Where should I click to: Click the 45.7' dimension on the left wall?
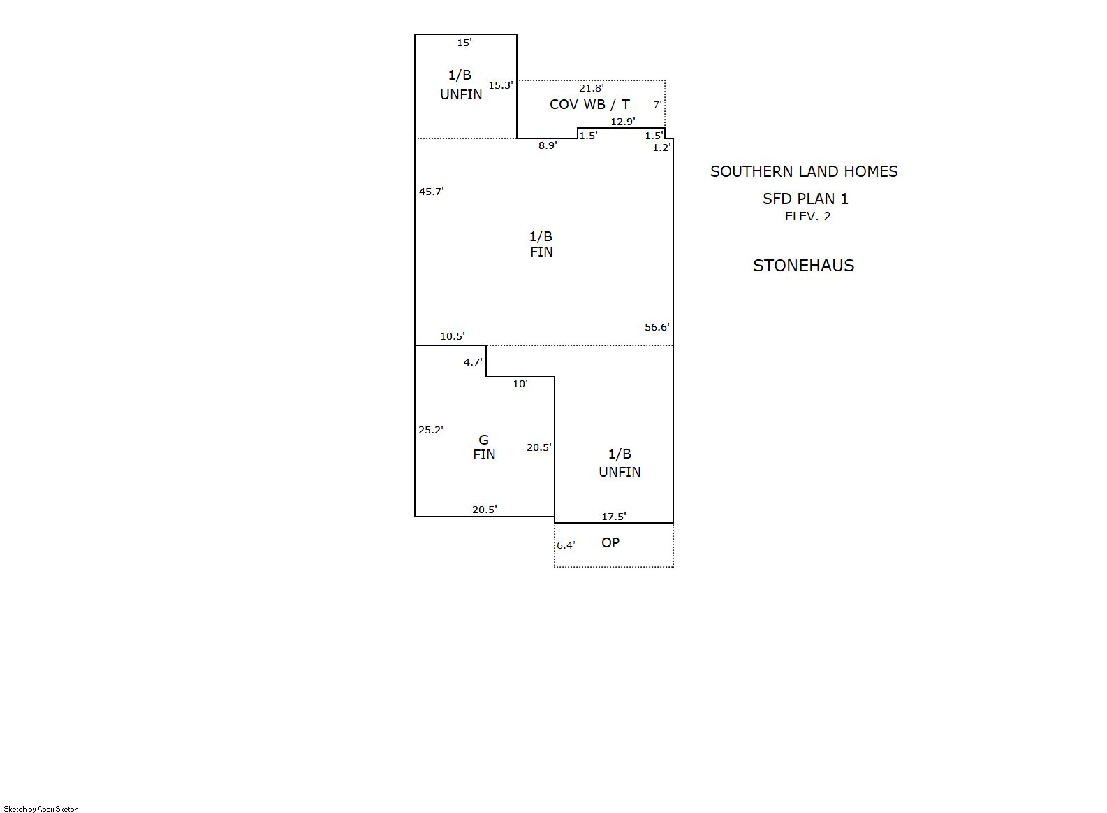432,192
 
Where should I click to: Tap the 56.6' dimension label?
657,327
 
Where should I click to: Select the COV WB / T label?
589,104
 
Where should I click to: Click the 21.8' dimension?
592,88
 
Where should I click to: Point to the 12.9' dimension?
623,121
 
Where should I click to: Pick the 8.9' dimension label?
548,145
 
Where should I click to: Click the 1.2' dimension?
661,148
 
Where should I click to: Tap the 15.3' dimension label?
501,85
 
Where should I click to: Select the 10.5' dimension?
453,336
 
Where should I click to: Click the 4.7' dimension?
473,362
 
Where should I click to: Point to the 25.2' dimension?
431,430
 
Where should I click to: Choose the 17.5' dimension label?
614,517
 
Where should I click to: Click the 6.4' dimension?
566,545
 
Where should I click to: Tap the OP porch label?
610,542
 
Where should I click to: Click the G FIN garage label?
484,447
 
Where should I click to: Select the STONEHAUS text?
804,266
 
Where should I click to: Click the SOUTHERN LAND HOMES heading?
804,171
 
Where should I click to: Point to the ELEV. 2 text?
808,216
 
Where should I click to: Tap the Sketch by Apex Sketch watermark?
41,809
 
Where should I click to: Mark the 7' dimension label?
657,105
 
